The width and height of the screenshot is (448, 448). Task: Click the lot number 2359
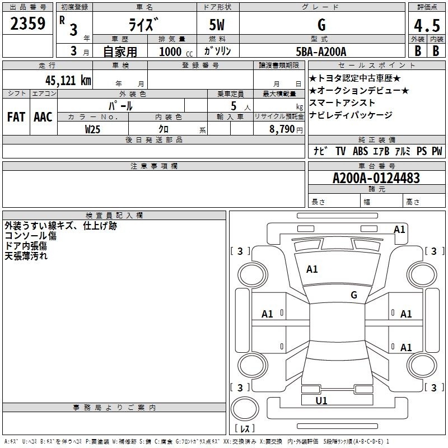27,24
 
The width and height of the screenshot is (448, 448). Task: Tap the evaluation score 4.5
426,26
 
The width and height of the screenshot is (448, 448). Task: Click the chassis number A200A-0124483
376,178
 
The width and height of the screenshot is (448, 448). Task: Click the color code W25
93,129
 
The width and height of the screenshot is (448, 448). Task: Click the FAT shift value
16,117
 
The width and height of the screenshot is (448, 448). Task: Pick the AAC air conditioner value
43,117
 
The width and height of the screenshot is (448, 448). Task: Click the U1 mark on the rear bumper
321,400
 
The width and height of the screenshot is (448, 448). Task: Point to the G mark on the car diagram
354,295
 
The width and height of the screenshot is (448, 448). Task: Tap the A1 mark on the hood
312,269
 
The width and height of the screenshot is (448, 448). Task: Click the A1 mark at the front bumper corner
399,229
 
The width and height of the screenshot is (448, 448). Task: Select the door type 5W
218,25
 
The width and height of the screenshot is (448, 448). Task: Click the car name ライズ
144,25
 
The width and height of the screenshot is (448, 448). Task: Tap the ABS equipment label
360,151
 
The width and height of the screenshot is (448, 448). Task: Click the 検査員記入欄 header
114,215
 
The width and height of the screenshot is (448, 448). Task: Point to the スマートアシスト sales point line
342,103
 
